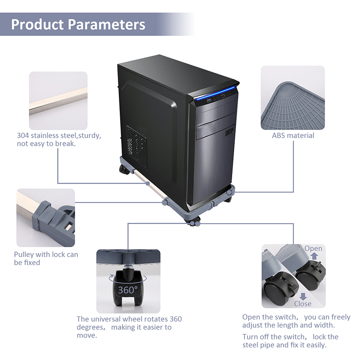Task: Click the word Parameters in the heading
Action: pyautogui.click(x=107, y=24)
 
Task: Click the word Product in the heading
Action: pyautogui.click(x=38, y=24)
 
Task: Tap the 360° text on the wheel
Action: pyautogui.click(x=127, y=290)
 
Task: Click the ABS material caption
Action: pyautogui.click(x=293, y=135)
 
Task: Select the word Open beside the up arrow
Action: pyautogui.click(x=313, y=248)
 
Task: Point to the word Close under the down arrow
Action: pyautogui.click(x=303, y=304)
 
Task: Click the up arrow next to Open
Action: pyautogui.click(x=314, y=257)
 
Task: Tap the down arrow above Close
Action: pyautogui.click(x=303, y=296)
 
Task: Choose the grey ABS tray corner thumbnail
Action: pyautogui.click(x=293, y=98)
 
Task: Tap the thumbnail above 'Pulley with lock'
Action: pyautogui.click(x=45, y=217)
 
